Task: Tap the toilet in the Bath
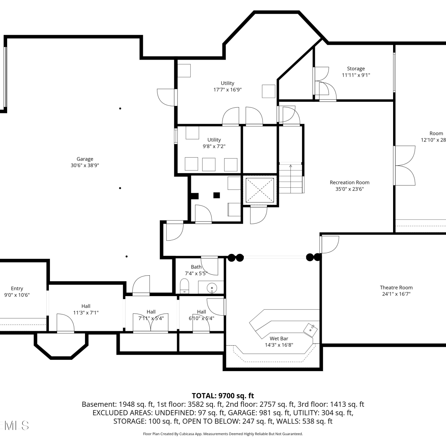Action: click(184, 286)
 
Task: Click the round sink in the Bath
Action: click(212, 288)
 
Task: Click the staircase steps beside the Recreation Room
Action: click(291, 178)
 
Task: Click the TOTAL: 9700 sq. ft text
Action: click(223, 396)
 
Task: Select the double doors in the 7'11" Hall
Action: click(150, 322)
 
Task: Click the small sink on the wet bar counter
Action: click(310, 330)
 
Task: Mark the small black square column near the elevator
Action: click(216, 195)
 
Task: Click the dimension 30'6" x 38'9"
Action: click(85, 165)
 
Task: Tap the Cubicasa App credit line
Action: click(223, 434)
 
